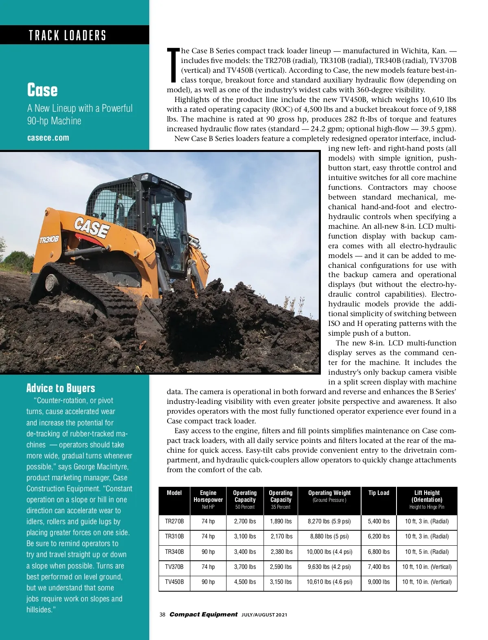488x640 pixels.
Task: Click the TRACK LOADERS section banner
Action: (x=68, y=35)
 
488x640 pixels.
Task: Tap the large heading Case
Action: (x=42, y=90)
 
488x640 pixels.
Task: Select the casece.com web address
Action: (x=48, y=138)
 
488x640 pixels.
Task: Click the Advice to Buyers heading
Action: (x=61, y=388)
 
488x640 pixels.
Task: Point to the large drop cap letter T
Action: (x=173, y=65)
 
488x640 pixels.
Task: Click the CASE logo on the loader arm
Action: (x=92, y=226)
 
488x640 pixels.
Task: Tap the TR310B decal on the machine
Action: (x=49, y=239)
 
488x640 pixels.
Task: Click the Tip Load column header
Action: (x=379, y=493)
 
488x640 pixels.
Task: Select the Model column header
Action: (x=174, y=493)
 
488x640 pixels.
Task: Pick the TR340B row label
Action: (x=174, y=552)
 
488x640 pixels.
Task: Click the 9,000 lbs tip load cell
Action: (x=379, y=582)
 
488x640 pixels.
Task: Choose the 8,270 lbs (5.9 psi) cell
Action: (x=329, y=521)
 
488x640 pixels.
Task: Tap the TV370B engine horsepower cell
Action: (x=208, y=567)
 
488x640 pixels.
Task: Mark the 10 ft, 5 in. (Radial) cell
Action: (x=427, y=552)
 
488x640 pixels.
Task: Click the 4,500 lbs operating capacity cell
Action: (x=245, y=582)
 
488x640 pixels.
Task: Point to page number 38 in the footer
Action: (x=162, y=615)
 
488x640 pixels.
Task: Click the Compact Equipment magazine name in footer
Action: (x=203, y=614)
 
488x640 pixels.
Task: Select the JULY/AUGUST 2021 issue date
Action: (x=264, y=615)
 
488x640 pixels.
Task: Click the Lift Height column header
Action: (x=427, y=496)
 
